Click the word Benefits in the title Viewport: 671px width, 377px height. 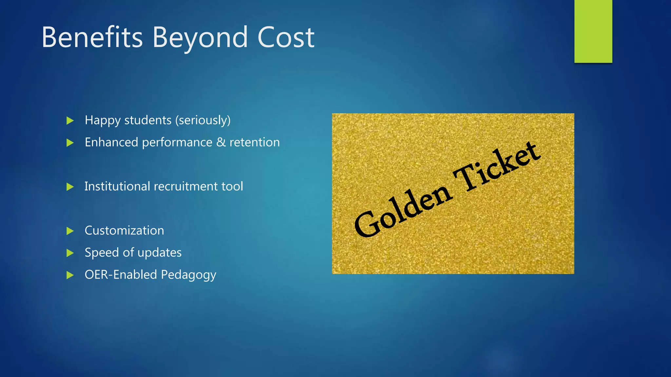[x=92, y=37]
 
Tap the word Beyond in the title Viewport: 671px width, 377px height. [x=200, y=38]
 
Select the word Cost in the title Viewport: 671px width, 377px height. [x=286, y=37]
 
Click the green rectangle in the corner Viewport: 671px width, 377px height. [x=593, y=31]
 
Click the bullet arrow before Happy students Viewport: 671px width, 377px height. [x=70, y=121]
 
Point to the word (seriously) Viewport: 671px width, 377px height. [x=203, y=120]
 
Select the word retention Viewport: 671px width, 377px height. [x=255, y=142]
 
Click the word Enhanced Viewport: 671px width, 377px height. [x=111, y=142]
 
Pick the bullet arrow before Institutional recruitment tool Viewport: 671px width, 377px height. [x=70, y=187]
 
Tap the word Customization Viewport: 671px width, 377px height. [x=124, y=231]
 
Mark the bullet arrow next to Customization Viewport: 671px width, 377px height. [x=70, y=231]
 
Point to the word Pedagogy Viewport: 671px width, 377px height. [x=188, y=275]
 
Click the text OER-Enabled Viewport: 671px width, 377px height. [x=121, y=275]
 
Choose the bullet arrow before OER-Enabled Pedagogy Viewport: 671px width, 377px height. [x=70, y=275]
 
